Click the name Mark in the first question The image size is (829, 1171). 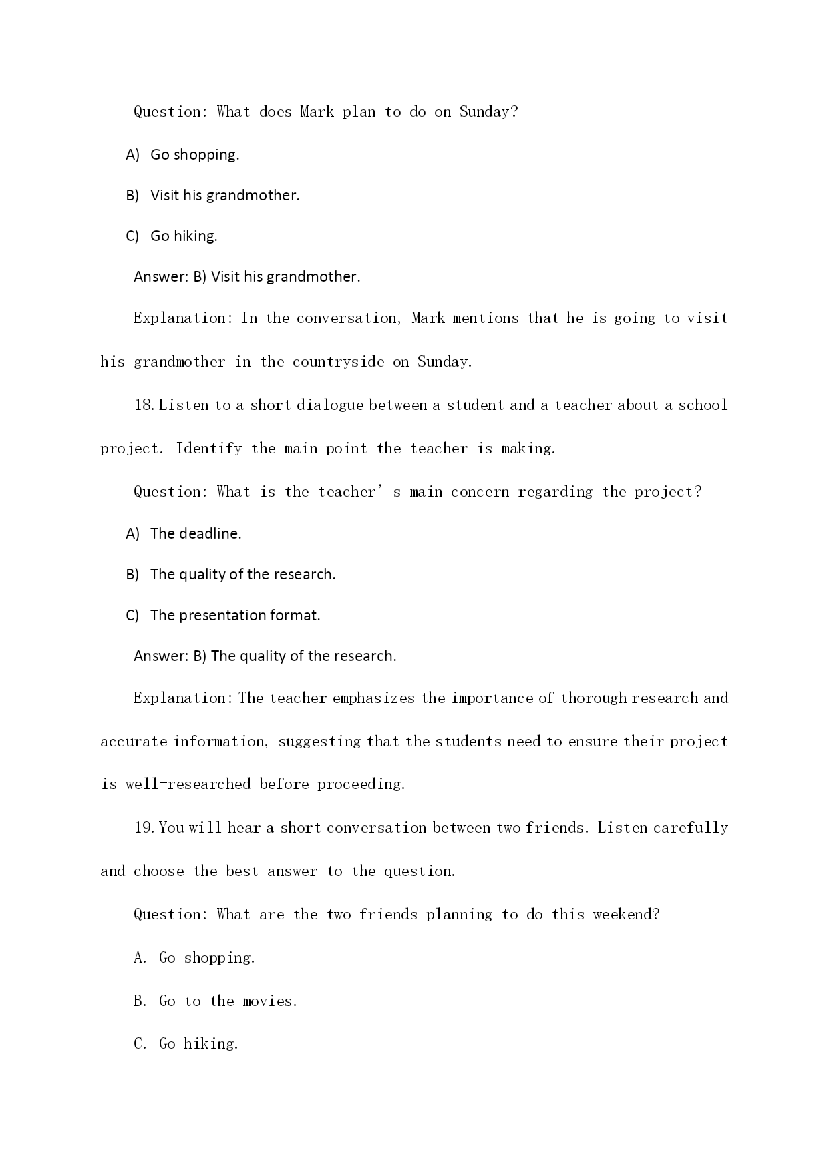point(317,112)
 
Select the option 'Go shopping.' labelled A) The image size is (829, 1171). point(194,155)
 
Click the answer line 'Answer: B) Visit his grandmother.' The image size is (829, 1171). point(246,277)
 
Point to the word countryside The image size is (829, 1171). point(338,362)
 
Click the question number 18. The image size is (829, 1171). point(144,405)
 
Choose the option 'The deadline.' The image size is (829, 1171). point(196,534)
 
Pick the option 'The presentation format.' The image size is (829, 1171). point(235,616)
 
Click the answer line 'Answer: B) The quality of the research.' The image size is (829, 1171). point(265,656)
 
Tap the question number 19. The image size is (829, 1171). point(144,828)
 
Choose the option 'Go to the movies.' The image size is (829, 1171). point(227,1001)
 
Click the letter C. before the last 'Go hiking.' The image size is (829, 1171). point(140,1044)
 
